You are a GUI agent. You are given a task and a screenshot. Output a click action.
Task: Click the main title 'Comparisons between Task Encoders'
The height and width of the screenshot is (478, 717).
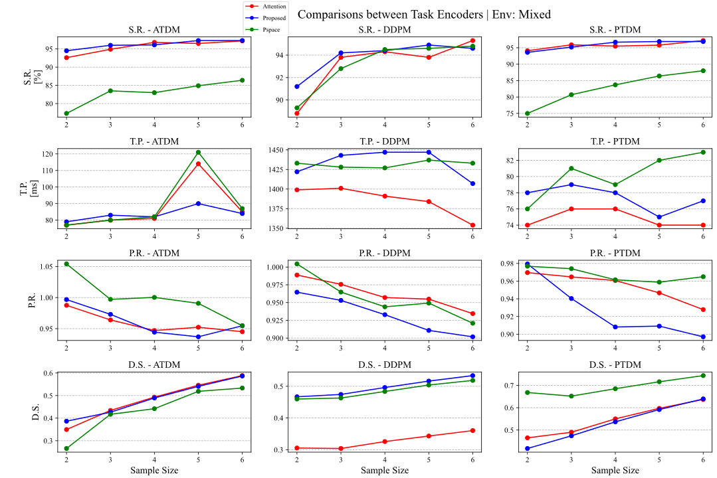(424, 14)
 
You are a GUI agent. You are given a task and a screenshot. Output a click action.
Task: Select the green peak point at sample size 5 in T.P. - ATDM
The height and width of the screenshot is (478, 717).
(198, 152)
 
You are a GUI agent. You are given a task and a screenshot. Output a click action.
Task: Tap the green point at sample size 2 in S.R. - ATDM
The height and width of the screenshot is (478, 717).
(66, 114)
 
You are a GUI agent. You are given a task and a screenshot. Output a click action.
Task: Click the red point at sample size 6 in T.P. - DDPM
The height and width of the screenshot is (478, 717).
(472, 225)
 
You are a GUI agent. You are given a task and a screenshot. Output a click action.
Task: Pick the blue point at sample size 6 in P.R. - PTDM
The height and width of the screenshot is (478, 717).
(703, 337)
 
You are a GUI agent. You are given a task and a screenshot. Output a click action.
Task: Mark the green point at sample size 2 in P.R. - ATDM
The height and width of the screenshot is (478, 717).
(66, 264)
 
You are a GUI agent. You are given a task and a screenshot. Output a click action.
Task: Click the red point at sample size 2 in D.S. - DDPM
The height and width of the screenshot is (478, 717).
(297, 448)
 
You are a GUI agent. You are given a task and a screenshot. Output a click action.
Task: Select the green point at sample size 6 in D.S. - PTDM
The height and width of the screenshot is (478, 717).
(703, 376)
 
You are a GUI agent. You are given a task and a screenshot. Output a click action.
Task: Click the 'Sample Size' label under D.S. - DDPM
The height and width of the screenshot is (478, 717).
(384, 470)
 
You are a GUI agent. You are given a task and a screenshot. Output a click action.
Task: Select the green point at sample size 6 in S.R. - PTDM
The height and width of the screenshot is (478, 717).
(703, 70)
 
